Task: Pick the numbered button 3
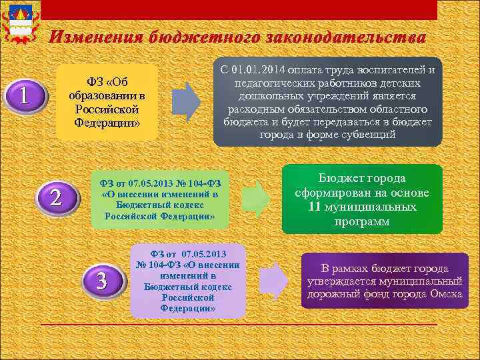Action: pos(101,280)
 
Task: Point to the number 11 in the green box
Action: pos(315,207)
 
